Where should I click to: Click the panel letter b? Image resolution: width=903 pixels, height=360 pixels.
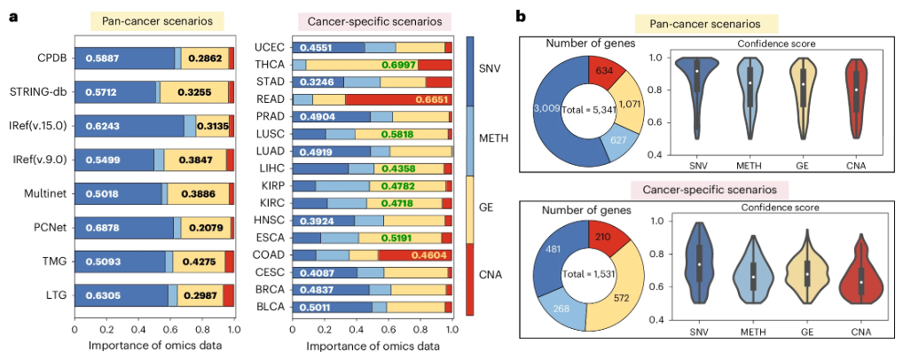[x=521, y=15]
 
